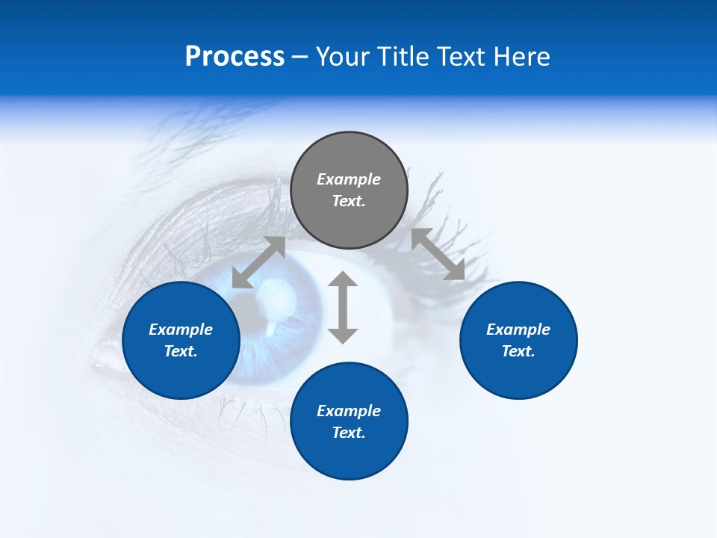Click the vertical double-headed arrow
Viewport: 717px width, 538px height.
[343, 307]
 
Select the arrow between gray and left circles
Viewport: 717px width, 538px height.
[258, 262]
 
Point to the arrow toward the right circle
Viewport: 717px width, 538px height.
[438, 254]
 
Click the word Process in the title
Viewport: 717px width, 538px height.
[235, 57]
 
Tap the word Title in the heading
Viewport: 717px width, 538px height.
[403, 57]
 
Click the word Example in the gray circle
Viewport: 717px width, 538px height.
[349, 179]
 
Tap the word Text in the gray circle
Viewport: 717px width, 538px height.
[349, 201]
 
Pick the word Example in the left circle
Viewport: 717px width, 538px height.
[181, 330]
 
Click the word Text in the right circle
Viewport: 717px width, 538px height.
[518, 351]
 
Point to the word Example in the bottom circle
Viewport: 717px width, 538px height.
[349, 411]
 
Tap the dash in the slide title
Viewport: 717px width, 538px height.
[299, 57]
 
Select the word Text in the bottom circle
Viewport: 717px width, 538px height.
[349, 433]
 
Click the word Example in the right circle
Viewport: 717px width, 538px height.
[518, 330]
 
